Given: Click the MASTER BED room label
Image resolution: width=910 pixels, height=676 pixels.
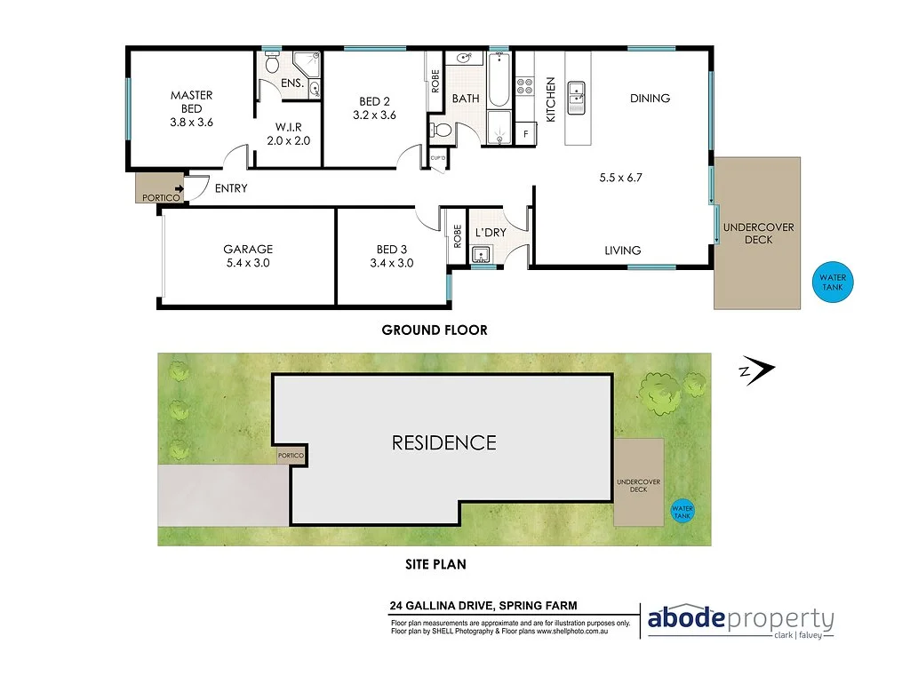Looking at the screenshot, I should click(x=192, y=108).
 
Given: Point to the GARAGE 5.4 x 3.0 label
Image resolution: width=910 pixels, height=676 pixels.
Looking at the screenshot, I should click(x=248, y=256).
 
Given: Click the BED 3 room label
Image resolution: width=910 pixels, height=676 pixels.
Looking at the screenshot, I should click(x=392, y=256).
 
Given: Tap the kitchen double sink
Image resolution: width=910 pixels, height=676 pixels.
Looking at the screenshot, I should click(x=578, y=92).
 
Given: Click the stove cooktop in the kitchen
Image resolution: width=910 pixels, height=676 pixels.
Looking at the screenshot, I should click(x=524, y=87).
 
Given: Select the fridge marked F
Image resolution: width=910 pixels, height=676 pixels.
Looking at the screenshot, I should click(x=525, y=134).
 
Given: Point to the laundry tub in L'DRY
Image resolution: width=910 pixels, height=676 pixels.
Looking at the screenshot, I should click(x=481, y=256).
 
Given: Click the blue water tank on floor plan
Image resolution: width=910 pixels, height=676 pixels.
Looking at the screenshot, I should click(x=833, y=282).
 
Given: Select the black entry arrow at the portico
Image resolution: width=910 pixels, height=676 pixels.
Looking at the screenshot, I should click(x=180, y=187).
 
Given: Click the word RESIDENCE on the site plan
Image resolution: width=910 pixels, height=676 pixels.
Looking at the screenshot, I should click(x=443, y=442).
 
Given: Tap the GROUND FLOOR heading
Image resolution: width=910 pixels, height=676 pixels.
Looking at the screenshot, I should click(x=435, y=330).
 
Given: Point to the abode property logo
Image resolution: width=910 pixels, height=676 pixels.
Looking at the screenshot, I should click(x=740, y=620).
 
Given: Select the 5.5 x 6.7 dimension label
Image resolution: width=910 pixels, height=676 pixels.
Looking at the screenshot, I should click(x=620, y=178).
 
